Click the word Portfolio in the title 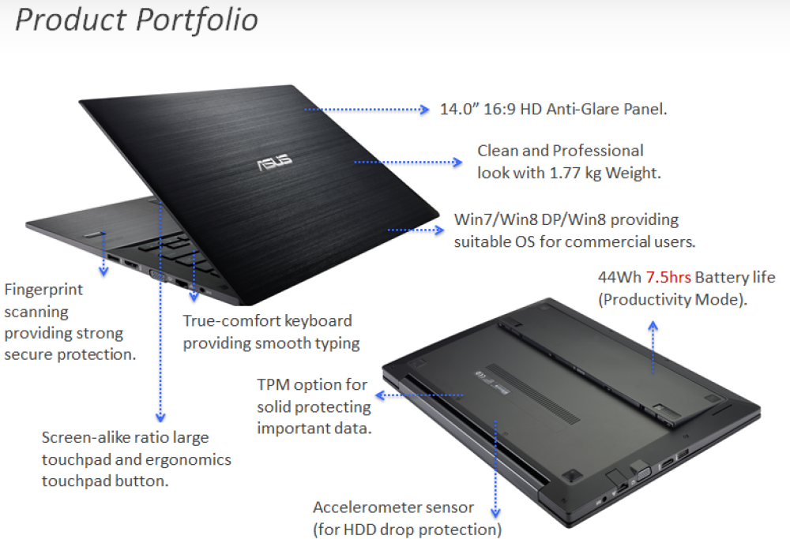pos(198,20)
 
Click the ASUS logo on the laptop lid pos(273,162)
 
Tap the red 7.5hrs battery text pos(668,278)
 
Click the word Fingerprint pos(43,290)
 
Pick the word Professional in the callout pos(598,151)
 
